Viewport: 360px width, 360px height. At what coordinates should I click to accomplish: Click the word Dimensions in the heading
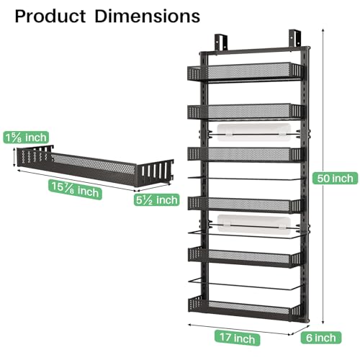[150, 15]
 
